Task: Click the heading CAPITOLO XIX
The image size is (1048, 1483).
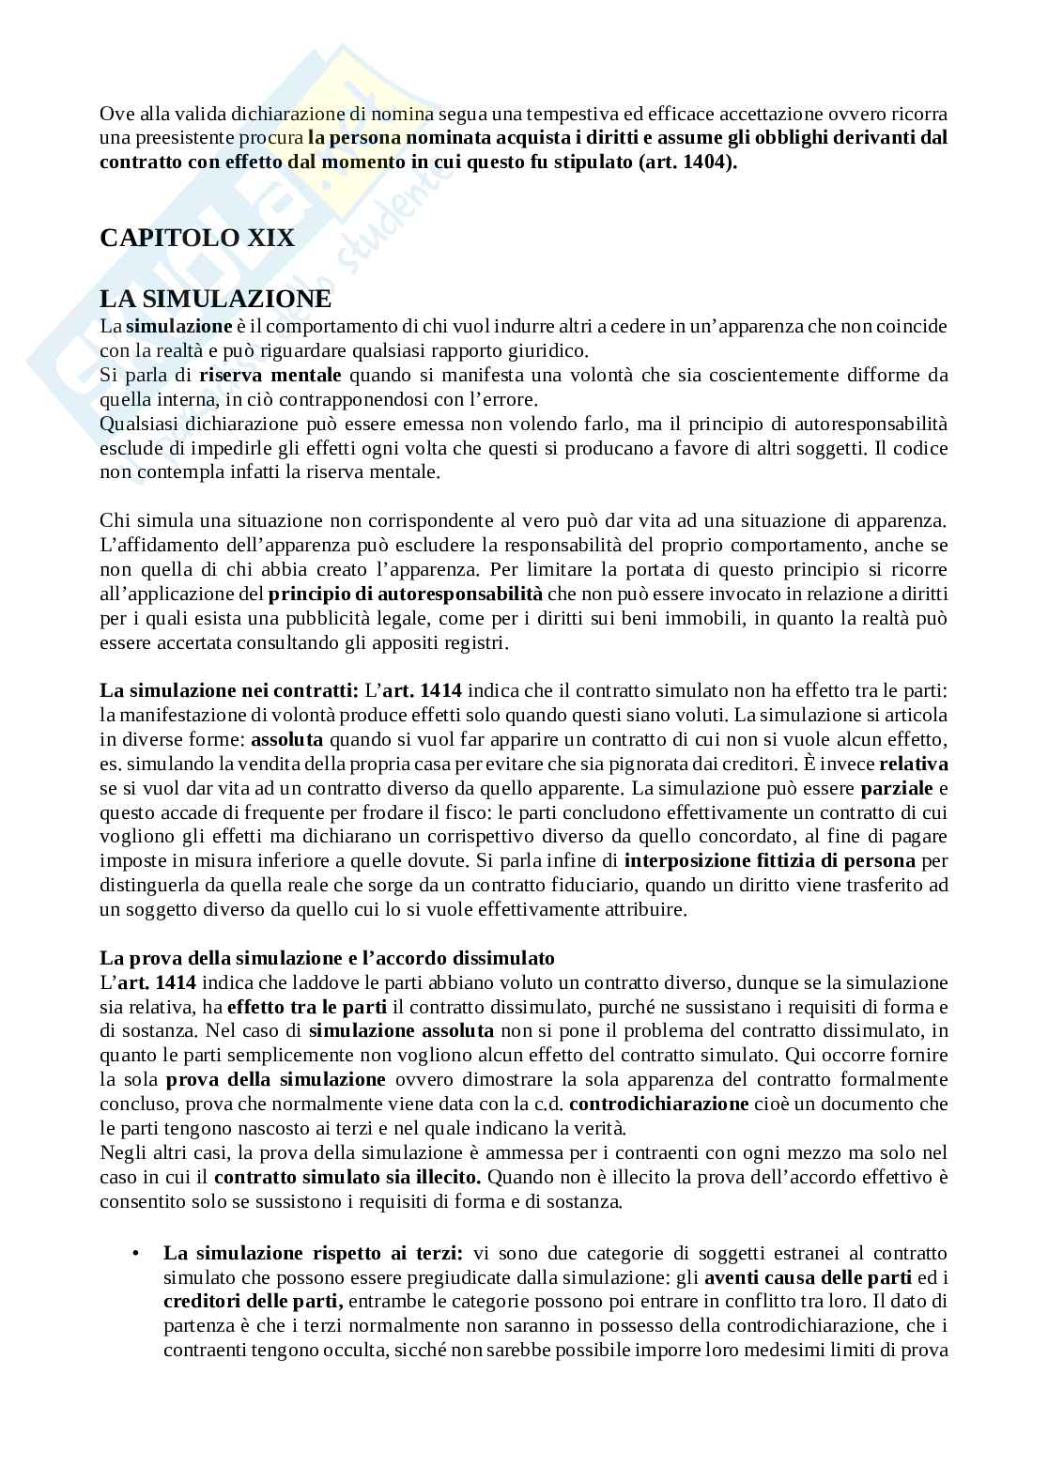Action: tap(197, 238)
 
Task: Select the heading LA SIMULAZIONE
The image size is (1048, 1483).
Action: tap(215, 300)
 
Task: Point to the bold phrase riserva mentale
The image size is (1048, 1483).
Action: tap(264, 376)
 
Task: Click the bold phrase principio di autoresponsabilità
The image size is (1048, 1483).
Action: tap(406, 595)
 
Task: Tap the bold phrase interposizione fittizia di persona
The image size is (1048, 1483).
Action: tap(770, 861)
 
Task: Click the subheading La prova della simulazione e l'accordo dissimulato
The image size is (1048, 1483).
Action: tap(327, 959)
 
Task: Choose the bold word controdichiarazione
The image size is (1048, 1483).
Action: tap(658, 1105)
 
